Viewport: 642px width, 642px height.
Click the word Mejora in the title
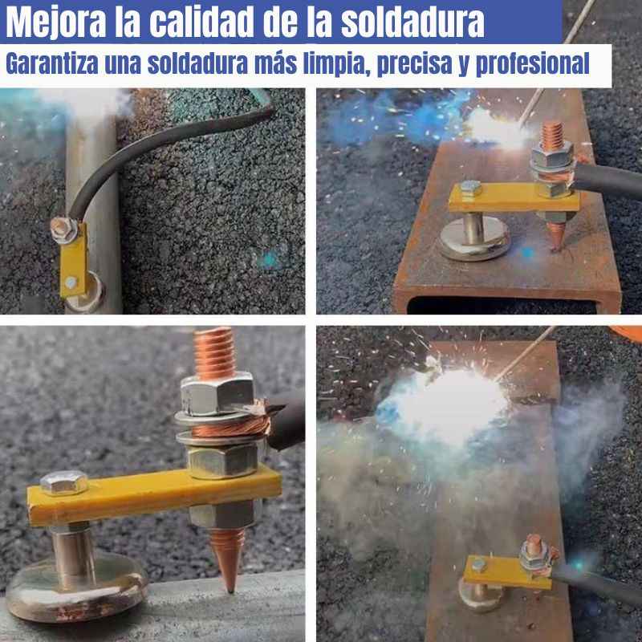[56, 22]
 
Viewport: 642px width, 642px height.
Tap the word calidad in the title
[201, 22]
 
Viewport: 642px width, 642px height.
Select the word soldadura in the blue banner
[412, 22]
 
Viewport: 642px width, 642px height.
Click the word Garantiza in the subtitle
[52, 64]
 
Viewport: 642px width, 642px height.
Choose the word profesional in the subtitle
[532, 65]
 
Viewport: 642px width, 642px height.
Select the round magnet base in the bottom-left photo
[75, 586]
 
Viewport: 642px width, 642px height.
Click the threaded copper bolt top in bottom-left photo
[214, 353]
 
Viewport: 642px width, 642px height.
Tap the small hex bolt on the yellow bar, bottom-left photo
[64, 482]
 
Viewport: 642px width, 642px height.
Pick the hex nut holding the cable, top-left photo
[63, 230]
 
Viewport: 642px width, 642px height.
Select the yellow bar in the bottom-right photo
[507, 572]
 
